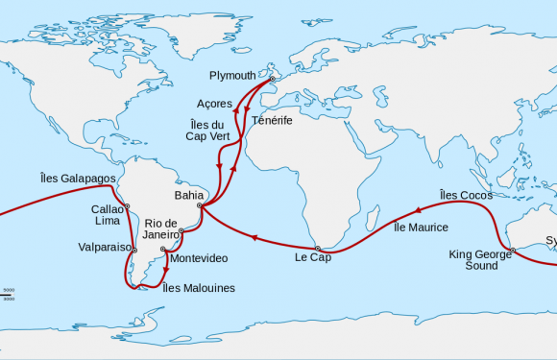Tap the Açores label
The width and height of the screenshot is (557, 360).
214,103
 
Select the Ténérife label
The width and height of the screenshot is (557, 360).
272,122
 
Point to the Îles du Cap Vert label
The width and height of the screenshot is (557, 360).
206,130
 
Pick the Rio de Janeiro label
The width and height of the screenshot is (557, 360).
161,229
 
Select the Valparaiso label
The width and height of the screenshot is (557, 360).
105,247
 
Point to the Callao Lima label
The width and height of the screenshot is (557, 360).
107,215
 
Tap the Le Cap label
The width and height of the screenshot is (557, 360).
311,257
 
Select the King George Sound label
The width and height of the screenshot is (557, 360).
473,260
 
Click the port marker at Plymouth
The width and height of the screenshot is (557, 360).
272,79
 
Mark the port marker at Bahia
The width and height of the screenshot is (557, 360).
200,204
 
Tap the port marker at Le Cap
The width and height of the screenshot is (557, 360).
317,248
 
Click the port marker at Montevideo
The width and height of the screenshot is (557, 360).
165,252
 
